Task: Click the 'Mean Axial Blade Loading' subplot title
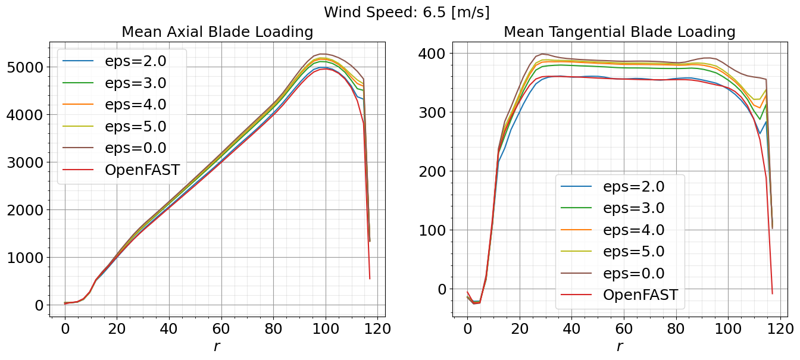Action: (217, 32)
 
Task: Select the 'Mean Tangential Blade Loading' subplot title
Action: (619, 32)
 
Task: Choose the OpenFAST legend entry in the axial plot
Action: (142, 170)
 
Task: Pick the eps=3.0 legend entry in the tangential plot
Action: (633, 208)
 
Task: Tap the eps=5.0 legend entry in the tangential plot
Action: (633, 252)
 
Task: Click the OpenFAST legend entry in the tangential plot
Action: (640, 295)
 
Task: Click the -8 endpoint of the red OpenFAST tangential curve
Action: (772, 293)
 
